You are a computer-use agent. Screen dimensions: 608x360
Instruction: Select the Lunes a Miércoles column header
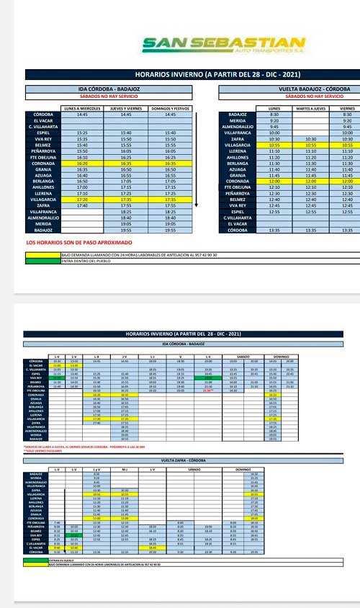pos(81,108)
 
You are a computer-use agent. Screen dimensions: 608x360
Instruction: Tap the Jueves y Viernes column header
pos(126,108)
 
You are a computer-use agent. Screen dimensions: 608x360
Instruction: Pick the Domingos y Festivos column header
pos(171,108)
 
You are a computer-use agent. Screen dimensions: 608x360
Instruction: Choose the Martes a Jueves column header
pos(310,108)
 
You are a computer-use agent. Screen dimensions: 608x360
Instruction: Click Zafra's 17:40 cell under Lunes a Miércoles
pos(81,205)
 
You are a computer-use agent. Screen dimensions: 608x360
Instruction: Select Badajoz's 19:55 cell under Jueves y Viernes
pos(126,230)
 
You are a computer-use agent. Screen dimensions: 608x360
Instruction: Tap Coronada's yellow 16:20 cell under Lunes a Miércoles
pos(81,164)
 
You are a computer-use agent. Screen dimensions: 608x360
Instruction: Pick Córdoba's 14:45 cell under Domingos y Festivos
pos(171,115)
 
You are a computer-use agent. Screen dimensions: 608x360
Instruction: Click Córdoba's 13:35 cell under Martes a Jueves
pos(310,230)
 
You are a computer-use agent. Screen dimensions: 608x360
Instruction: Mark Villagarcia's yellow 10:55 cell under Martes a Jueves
pos(310,145)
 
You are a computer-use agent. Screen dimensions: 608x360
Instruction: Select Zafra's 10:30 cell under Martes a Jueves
pos(310,139)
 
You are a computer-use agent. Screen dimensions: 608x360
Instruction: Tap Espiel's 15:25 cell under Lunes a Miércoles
pos(81,133)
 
